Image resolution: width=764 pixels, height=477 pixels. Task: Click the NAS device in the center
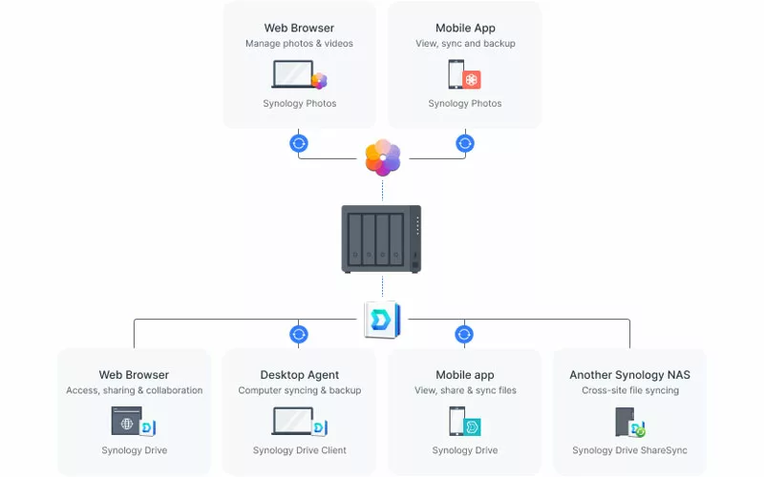point(381,239)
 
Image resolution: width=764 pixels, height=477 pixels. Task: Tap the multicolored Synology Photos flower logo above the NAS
point(383,157)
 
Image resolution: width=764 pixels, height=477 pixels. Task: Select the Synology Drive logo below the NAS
point(383,320)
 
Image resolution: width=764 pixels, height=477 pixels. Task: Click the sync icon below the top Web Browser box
point(299,144)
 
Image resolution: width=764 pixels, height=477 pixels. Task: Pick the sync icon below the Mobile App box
point(465,144)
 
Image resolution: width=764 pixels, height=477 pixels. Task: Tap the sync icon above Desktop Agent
point(299,335)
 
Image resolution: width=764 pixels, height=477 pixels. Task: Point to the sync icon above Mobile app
point(464,335)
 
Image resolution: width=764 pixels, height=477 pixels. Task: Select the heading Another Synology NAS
point(630,375)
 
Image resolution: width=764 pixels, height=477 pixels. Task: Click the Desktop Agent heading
point(299,375)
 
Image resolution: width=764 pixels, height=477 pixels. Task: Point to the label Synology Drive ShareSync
point(629,450)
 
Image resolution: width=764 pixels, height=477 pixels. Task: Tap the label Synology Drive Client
point(299,450)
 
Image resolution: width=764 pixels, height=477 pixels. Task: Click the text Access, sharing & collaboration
point(134,390)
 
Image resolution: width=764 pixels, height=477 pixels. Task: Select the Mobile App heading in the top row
point(465,29)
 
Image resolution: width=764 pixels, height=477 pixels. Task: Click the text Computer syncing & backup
point(300,390)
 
